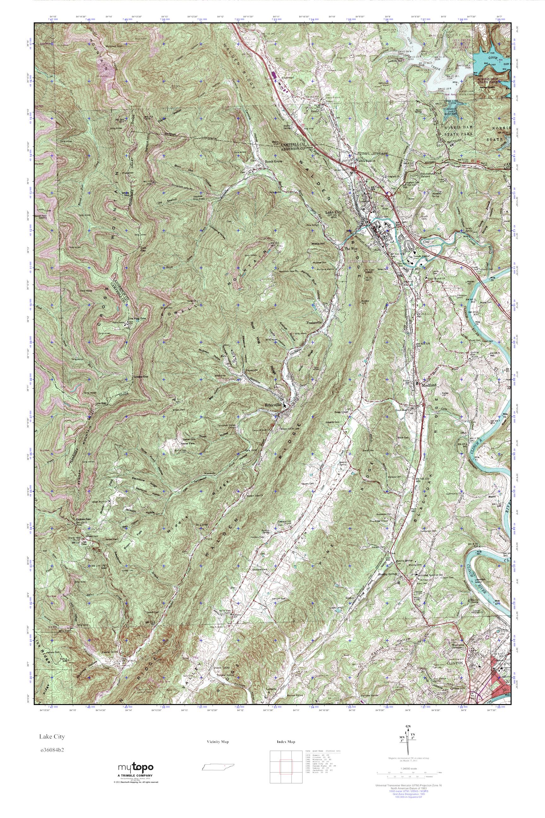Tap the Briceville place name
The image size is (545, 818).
273,405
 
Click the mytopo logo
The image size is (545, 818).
136,775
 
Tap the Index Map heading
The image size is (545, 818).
286,749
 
